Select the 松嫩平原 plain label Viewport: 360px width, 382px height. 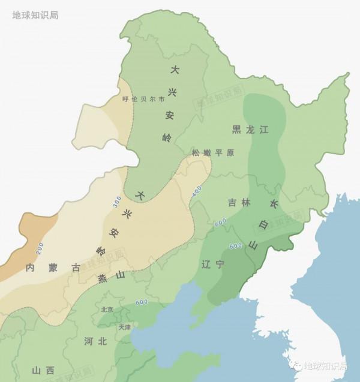point(213,153)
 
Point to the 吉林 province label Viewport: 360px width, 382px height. point(239,203)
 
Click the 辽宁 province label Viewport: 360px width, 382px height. point(214,263)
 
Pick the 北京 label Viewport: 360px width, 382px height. point(107,310)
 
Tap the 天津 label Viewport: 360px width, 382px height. point(124,327)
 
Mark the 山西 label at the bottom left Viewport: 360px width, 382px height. point(43,370)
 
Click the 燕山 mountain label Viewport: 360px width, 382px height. point(110,276)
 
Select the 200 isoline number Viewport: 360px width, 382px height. point(39,247)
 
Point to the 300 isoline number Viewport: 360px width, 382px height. point(117,202)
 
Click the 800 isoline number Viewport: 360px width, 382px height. point(236,245)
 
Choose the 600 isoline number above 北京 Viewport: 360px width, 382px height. point(142,302)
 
